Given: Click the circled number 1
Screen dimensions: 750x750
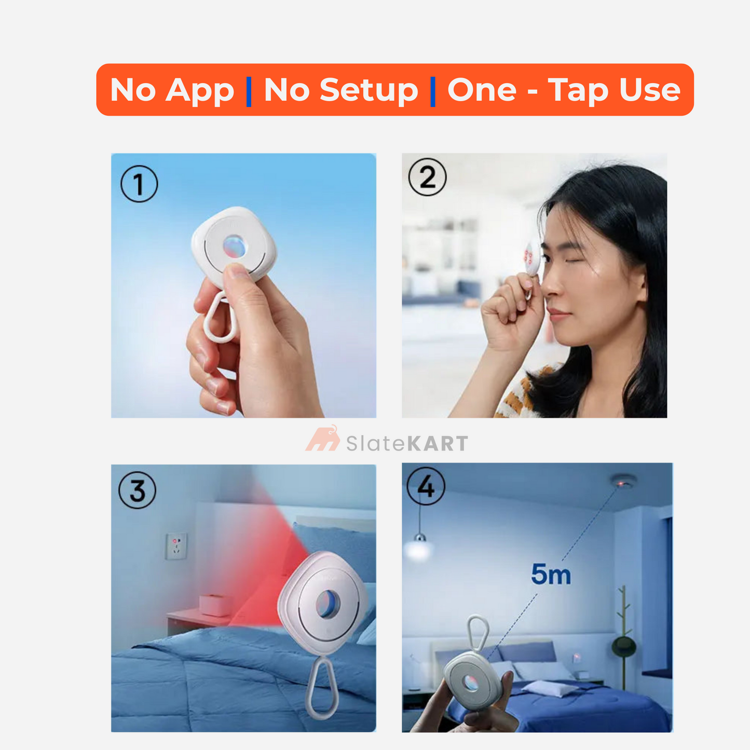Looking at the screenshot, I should (139, 184).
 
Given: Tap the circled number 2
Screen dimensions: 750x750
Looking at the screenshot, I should (427, 177).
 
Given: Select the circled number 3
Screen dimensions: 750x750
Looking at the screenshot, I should (138, 490).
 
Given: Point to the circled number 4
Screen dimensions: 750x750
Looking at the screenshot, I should (426, 486).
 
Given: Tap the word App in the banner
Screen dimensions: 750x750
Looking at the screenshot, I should (200, 90).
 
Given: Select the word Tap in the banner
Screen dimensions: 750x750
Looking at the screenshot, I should (578, 90).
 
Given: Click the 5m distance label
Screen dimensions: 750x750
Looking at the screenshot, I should (551, 575).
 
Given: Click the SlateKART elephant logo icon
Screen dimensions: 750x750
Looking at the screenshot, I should (323, 439).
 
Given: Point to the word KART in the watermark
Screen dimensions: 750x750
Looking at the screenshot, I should (438, 444).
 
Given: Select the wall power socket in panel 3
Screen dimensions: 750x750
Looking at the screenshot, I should (176, 546).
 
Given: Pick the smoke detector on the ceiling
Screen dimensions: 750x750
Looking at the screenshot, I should (622, 481).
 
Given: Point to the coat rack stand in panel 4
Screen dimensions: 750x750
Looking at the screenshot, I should (623, 638).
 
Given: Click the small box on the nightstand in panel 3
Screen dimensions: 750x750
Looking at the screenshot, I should (215, 605).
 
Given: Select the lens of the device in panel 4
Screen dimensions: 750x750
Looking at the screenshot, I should (470, 683).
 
